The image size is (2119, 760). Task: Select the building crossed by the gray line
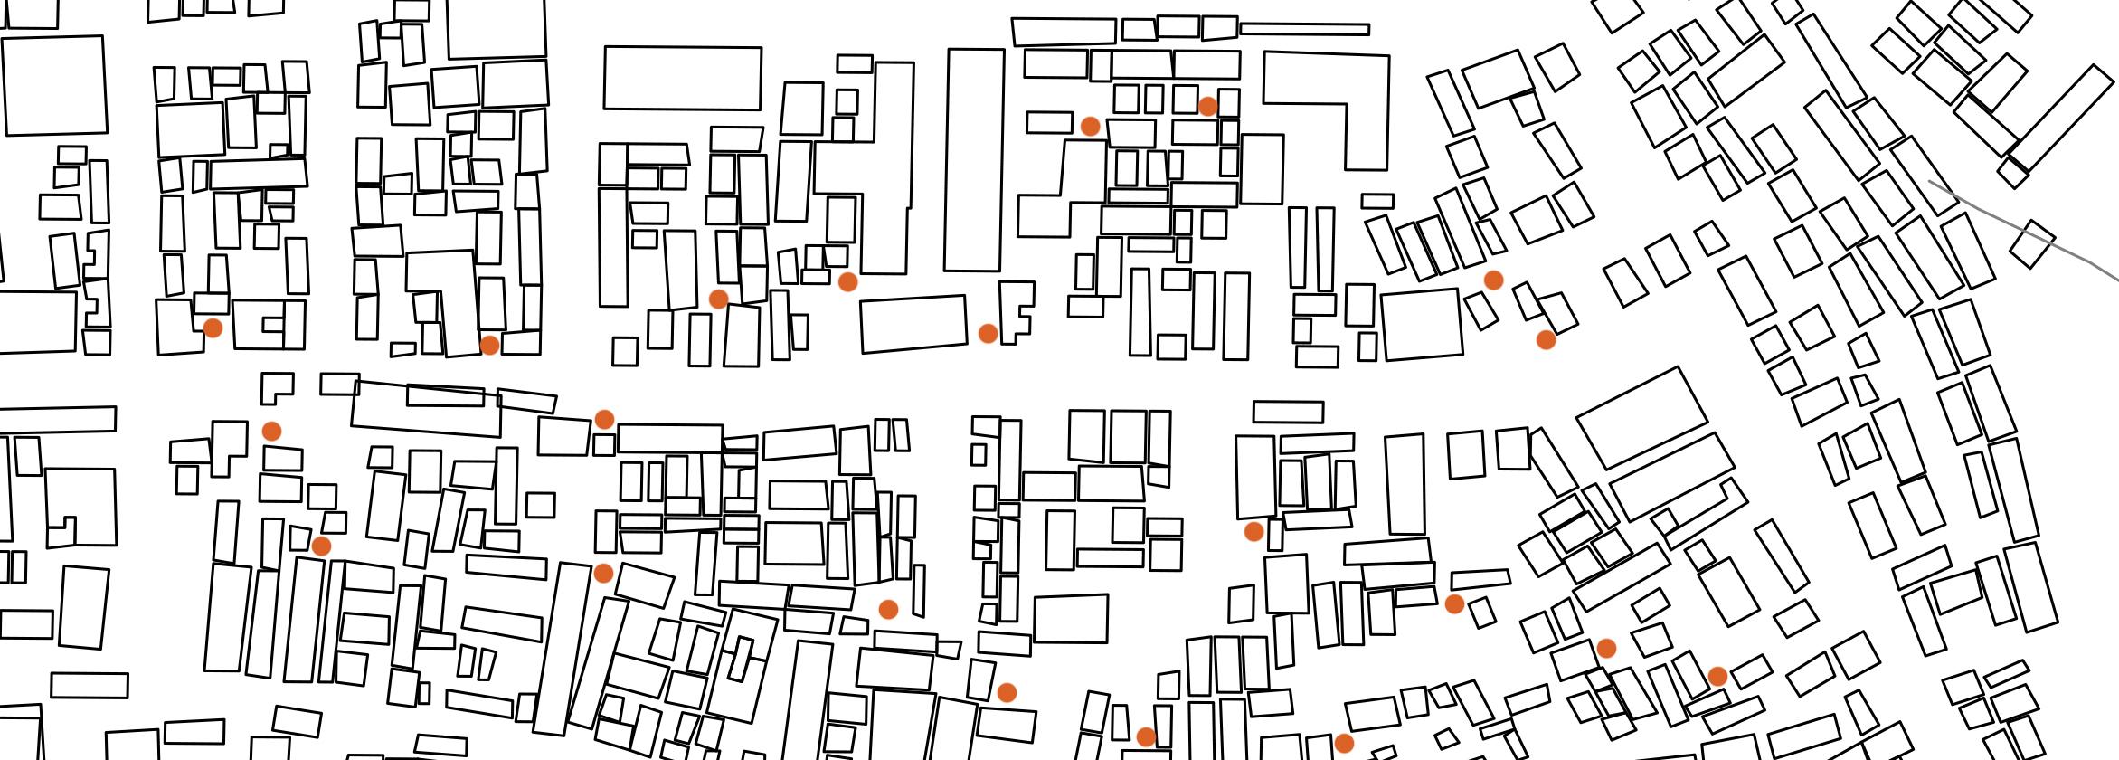click(x=2031, y=243)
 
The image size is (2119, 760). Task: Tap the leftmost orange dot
click(x=213, y=328)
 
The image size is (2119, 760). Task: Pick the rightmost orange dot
click(x=1717, y=676)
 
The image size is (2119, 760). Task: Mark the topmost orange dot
click(x=1206, y=106)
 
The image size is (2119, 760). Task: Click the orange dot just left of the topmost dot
click(x=1090, y=126)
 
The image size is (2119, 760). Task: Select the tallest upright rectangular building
click(x=974, y=159)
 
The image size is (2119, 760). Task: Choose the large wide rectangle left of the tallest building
click(x=682, y=78)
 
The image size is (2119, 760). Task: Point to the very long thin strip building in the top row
click(x=1303, y=29)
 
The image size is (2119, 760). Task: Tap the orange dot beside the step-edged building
click(x=988, y=333)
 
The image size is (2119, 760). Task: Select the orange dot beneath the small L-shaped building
click(x=271, y=431)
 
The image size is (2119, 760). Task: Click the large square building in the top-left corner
click(x=54, y=86)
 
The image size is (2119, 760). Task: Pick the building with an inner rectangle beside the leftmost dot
click(x=268, y=325)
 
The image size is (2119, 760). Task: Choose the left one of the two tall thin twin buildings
click(x=1297, y=247)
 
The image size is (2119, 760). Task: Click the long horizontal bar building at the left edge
click(x=58, y=419)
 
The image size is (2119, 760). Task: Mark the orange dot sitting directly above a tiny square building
click(x=603, y=419)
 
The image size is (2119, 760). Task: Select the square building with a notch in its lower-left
click(x=80, y=507)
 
